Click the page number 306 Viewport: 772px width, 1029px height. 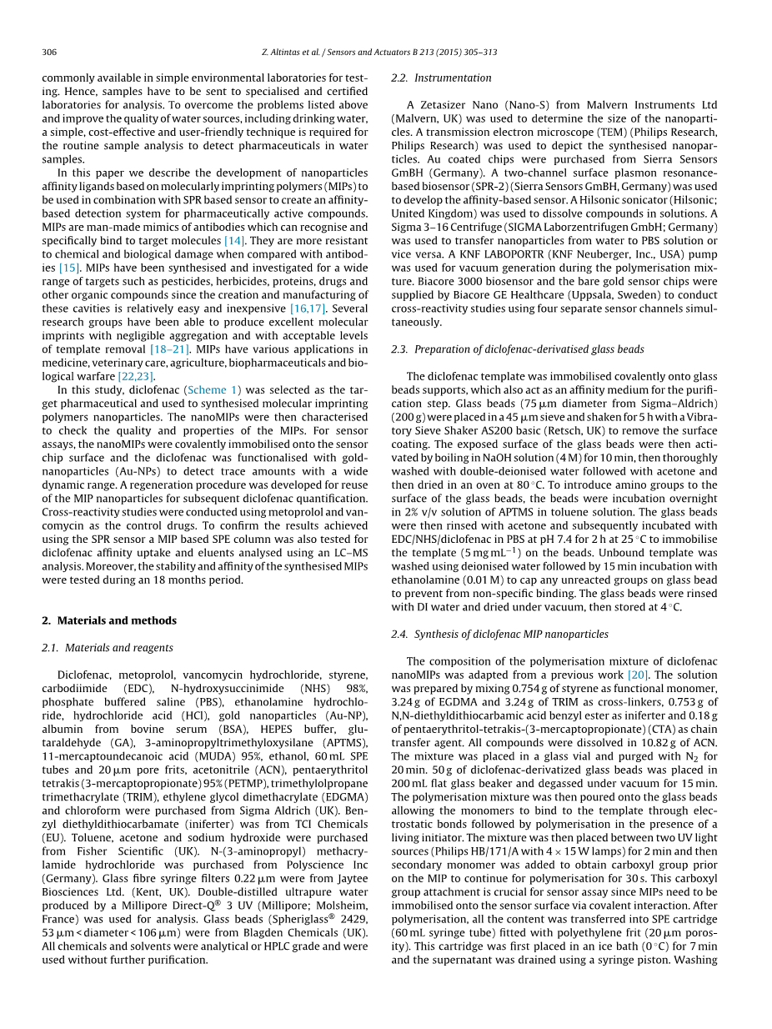49,52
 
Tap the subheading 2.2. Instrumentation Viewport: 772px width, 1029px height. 441,78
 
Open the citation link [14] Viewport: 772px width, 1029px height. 233,240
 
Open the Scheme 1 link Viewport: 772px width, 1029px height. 213,389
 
